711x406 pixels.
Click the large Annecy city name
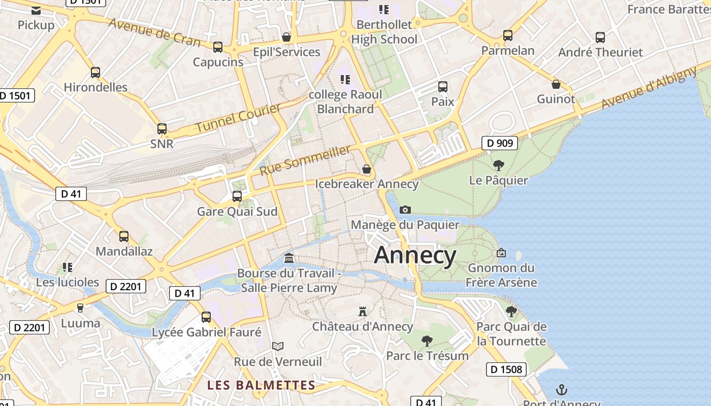tap(415, 255)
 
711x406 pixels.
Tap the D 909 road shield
tap(500, 143)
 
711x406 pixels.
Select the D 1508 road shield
tap(506, 369)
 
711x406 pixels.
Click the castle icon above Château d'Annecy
tap(363, 311)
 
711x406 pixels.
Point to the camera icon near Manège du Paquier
tap(405, 210)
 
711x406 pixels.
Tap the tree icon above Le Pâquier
tap(499, 165)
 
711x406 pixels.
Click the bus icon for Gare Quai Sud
tap(237, 196)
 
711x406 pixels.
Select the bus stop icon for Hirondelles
tap(95, 72)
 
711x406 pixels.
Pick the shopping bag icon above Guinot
tap(556, 84)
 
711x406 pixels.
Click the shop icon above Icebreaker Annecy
tap(367, 169)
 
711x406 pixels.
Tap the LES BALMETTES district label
tap(261, 385)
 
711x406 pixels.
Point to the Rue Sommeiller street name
tap(305, 160)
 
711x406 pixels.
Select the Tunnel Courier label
tap(238, 118)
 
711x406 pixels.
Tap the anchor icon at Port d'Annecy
tap(562, 390)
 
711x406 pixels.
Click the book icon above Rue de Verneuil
tap(277, 346)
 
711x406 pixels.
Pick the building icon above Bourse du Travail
tap(289, 258)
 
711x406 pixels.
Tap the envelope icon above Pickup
tap(36, 10)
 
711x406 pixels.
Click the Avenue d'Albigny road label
tap(649, 87)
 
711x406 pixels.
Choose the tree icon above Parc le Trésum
tap(427, 341)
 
